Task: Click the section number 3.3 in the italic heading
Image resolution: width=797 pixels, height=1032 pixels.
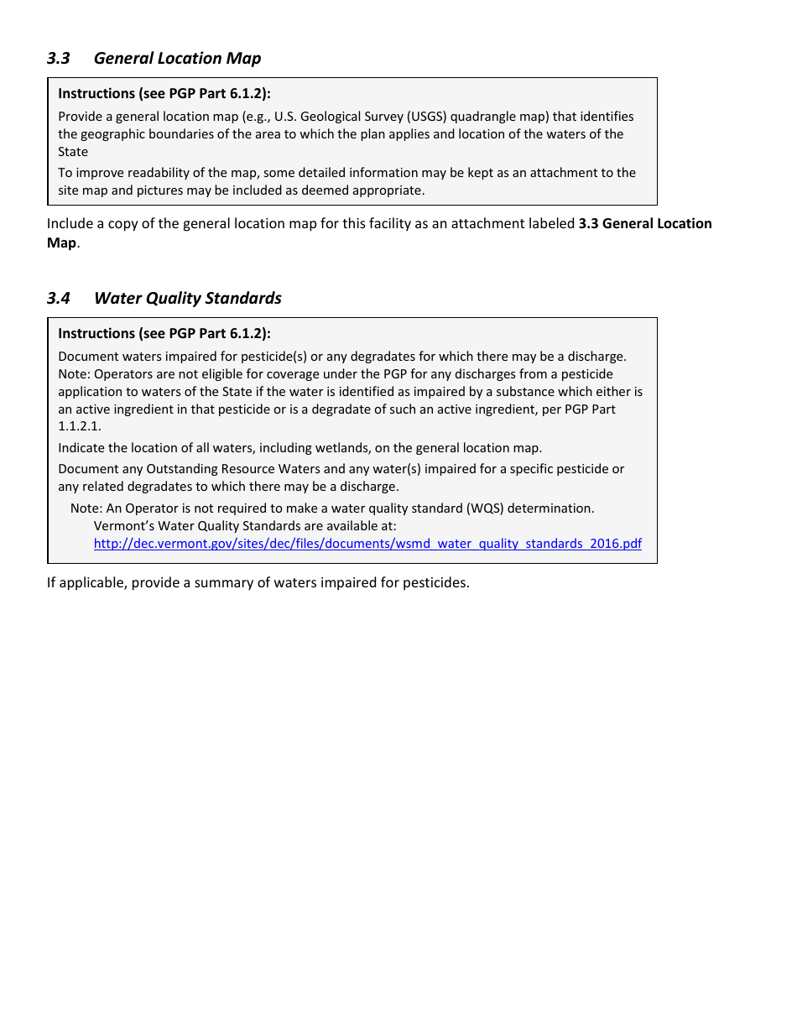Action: click(x=58, y=58)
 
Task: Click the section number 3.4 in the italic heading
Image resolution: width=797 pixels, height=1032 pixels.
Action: click(x=58, y=298)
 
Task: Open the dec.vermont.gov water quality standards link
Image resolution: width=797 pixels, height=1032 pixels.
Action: click(x=367, y=544)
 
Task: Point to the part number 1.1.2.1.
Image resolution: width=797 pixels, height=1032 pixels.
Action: click(x=79, y=427)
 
